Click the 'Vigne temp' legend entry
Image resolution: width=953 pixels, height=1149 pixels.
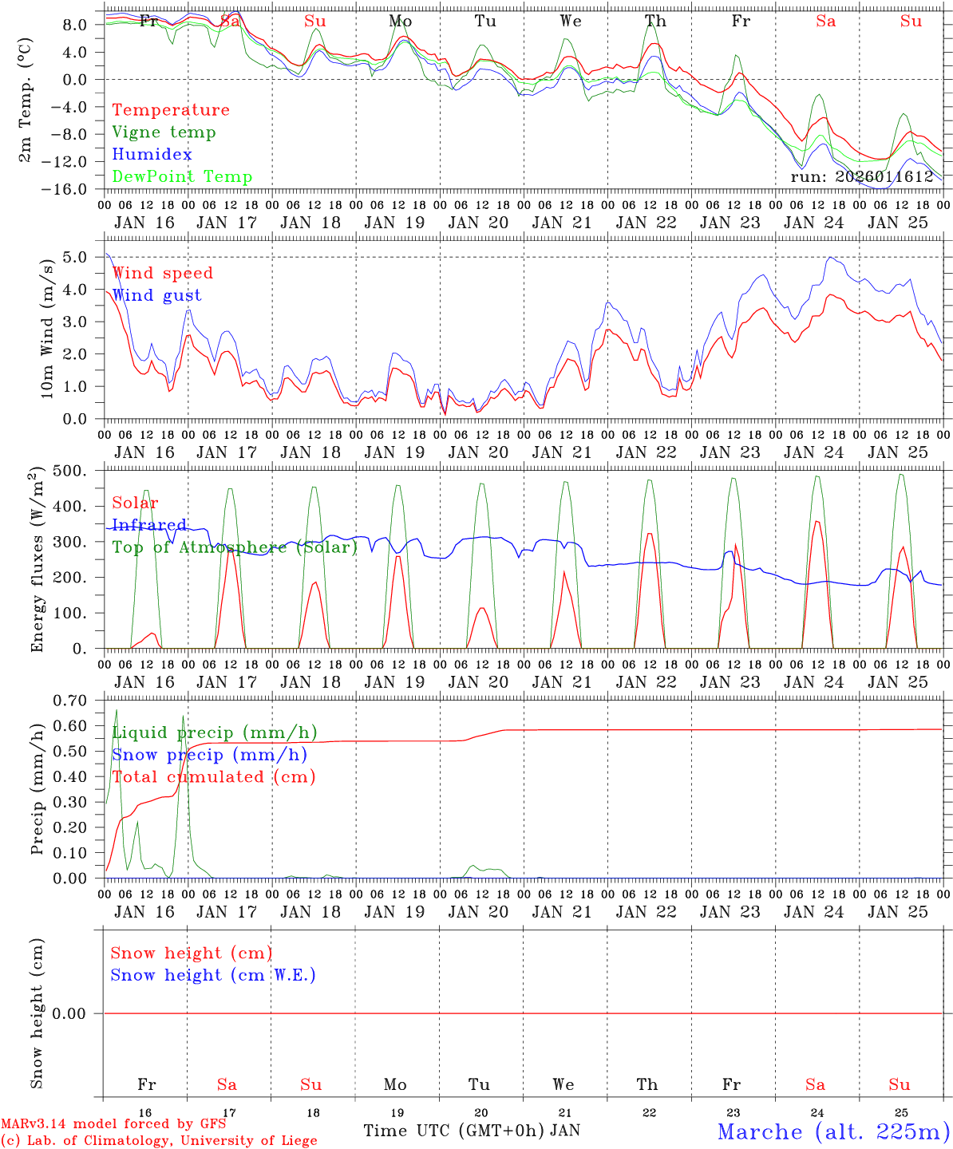click(x=164, y=132)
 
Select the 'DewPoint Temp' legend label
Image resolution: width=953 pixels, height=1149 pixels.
click(x=182, y=177)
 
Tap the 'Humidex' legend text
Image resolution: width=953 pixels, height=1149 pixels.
click(x=152, y=155)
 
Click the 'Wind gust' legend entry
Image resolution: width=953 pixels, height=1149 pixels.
click(x=156, y=295)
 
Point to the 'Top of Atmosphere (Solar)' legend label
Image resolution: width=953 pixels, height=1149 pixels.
click(x=234, y=547)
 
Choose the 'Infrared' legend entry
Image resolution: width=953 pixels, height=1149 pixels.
click(x=149, y=525)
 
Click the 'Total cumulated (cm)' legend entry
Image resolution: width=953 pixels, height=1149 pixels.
click(x=213, y=776)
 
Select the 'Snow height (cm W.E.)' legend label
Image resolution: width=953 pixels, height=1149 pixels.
click(x=213, y=975)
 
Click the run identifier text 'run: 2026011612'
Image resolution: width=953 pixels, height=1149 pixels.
click(x=862, y=177)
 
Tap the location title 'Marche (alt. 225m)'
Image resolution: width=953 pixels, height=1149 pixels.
click(x=833, y=1131)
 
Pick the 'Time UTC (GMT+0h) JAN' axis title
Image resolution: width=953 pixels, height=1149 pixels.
click(x=471, y=1131)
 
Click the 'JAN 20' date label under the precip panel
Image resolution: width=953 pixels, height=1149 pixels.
click(x=478, y=912)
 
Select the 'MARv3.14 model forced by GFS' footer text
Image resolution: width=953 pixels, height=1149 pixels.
click(x=113, y=1124)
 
